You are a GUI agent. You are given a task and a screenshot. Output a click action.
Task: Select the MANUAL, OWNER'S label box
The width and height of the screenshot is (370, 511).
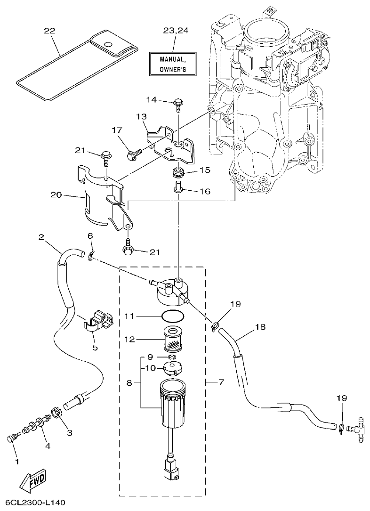pyautogui.click(x=173, y=64)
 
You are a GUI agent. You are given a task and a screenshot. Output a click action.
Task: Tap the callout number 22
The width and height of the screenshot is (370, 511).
pyautogui.click(x=49, y=31)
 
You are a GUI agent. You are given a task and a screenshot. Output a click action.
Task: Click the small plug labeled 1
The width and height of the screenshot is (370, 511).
pyautogui.click(x=11, y=439)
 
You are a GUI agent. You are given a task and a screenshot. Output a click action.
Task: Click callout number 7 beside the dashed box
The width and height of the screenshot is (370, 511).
pyautogui.click(x=221, y=382)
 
